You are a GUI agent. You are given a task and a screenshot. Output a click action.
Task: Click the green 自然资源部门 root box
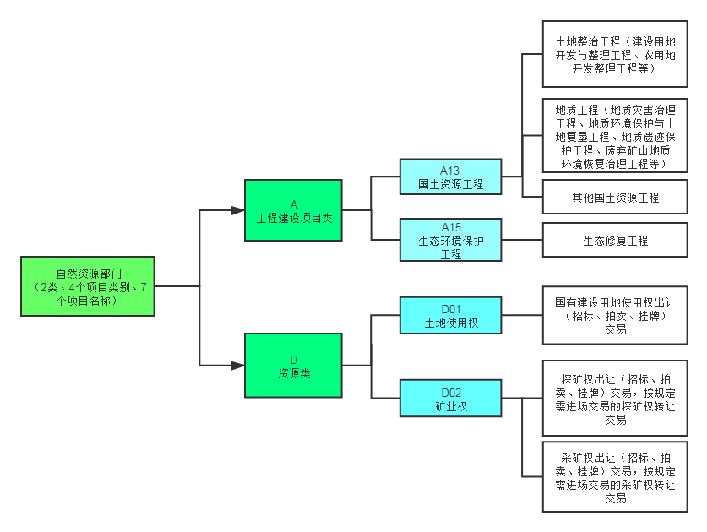88,286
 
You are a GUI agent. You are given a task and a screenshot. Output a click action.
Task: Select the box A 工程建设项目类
293,210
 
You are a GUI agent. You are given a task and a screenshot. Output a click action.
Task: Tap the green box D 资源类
293,366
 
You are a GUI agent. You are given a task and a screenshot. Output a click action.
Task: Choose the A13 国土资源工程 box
451,177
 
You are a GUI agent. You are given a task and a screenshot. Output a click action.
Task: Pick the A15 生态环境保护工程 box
451,240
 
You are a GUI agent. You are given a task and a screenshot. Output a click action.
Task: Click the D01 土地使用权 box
451,315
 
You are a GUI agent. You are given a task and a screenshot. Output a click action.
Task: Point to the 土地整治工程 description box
614,55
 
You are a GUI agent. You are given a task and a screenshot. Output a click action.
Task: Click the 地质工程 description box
614,136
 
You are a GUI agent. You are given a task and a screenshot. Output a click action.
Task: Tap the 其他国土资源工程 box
614,198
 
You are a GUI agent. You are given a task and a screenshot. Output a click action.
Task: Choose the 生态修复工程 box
614,241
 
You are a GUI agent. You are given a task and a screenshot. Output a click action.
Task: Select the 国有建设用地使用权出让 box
614,315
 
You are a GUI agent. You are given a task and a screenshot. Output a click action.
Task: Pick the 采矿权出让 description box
614,476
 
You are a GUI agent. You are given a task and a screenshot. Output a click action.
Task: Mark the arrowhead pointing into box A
238,210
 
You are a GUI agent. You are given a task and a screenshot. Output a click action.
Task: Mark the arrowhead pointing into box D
238,366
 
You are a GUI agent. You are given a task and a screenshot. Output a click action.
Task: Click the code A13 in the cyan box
451,170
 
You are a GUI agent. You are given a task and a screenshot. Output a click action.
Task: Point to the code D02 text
451,393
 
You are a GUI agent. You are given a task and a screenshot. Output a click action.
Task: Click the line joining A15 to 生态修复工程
522,241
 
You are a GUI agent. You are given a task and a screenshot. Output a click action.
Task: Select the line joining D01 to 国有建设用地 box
522,315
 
